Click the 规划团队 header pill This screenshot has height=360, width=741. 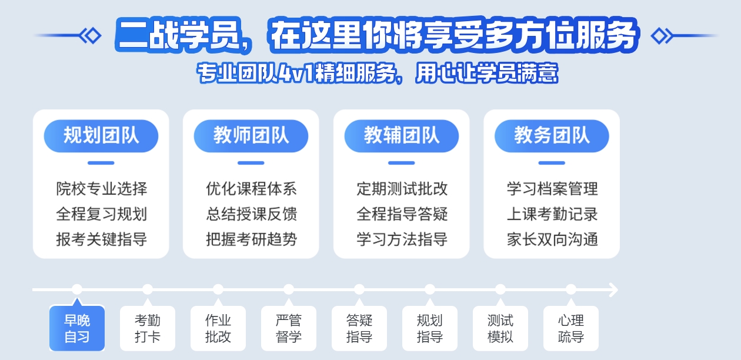(x=101, y=136)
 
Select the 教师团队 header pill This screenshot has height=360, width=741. (x=251, y=136)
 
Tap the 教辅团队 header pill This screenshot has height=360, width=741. (x=401, y=136)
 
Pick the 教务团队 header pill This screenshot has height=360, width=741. (x=552, y=136)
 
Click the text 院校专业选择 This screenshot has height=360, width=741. (x=102, y=189)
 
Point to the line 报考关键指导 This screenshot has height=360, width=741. (x=102, y=239)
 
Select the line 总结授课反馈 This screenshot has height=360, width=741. (x=252, y=214)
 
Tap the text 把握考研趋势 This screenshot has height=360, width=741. (x=252, y=239)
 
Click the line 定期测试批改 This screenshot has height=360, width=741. (x=402, y=189)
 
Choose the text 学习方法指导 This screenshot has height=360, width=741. (x=402, y=239)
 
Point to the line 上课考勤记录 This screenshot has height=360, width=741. (x=552, y=214)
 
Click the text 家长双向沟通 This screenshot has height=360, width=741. (x=552, y=239)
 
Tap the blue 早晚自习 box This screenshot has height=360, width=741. (x=77, y=328)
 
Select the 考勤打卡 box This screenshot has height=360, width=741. (x=148, y=328)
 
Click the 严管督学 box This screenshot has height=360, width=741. (x=289, y=328)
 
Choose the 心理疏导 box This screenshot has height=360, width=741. (x=571, y=328)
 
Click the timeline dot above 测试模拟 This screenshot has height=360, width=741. (x=500, y=289)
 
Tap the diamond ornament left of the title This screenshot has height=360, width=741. (x=91, y=36)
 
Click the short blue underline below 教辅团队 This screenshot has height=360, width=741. (x=401, y=163)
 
